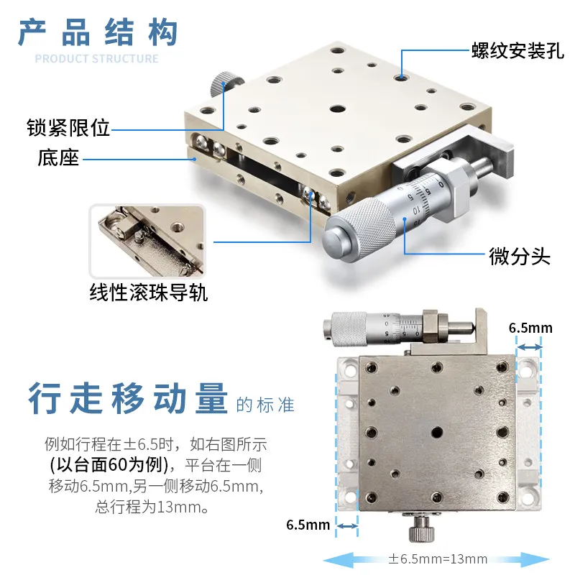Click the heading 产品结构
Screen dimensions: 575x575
click(98, 32)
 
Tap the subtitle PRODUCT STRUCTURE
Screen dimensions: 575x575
click(97, 59)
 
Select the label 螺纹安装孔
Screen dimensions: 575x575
click(517, 50)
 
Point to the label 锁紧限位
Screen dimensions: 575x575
click(68, 128)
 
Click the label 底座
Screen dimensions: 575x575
click(58, 157)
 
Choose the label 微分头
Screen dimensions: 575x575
click(520, 256)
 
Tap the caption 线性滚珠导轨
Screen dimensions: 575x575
click(149, 293)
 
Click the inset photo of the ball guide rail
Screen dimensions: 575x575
click(147, 241)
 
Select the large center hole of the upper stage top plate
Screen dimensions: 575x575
click(337, 109)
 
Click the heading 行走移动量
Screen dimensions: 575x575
click(128, 399)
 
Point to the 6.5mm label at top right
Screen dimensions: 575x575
click(530, 328)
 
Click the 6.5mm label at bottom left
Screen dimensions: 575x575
click(308, 525)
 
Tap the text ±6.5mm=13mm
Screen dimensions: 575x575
click(438, 559)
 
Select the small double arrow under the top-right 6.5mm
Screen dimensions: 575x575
click(529, 346)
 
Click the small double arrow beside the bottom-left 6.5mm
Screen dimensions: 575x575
click(347, 526)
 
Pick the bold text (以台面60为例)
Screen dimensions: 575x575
click(109, 465)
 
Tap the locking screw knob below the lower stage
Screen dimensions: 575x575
click(422, 528)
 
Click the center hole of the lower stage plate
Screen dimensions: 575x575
click(436, 433)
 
